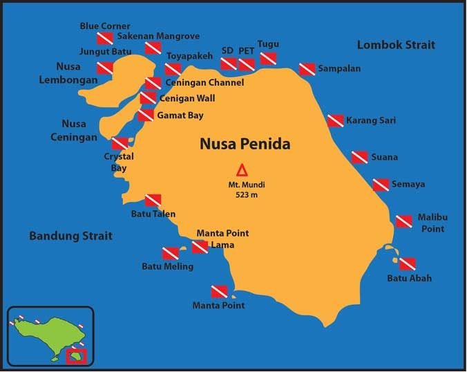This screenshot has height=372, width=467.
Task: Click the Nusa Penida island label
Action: point(245,144)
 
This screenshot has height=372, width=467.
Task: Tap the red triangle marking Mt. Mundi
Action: point(242,170)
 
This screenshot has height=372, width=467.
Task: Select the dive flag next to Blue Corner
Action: point(105,38)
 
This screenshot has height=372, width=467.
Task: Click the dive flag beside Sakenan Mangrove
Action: point(153,48)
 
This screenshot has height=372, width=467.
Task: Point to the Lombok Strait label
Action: point(396,45)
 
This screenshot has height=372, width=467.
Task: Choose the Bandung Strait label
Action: point(70,236)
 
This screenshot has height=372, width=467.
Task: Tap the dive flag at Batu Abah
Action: point(408,264)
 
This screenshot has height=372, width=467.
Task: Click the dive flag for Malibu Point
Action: point(404,221)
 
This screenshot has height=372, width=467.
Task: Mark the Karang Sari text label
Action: point(371,120)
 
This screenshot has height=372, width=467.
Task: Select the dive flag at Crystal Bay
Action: point(120,143)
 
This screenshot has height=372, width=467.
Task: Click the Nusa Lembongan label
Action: point(77,73)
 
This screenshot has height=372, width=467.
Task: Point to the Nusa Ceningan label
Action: point(74,130)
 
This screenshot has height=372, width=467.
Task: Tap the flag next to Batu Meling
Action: point(171,253)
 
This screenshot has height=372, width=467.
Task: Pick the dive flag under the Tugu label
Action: point(268,58)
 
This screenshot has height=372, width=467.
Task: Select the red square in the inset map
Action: point(76,357)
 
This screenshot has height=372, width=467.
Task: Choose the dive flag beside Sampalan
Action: point(307,69)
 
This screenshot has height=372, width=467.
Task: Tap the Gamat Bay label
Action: point(181,115)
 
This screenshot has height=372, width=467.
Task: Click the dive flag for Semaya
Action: point(381,185)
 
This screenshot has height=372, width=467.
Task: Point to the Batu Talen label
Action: point(153,214)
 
